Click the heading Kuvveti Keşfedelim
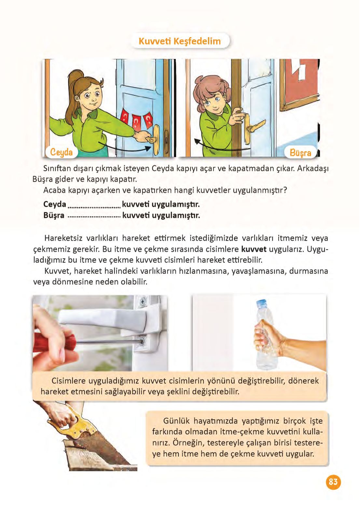[180, 41]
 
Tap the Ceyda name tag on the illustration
[62, 152]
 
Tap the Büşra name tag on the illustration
[300, 152]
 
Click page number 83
[333, 482]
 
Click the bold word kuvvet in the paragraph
[254, 249]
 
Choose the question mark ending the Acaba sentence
[285, 190]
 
